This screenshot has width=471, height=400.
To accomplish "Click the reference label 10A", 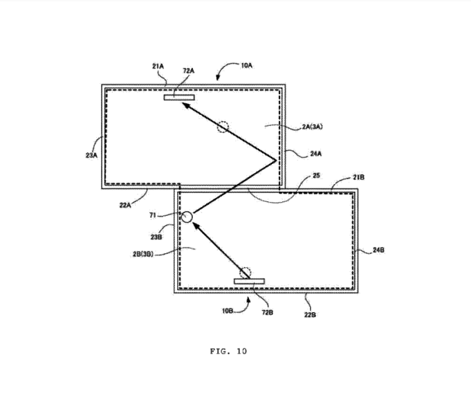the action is (x=247, y=65).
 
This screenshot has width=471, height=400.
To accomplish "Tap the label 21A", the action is (x=158, y=66).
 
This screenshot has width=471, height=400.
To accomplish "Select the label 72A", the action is (x=189, y=71).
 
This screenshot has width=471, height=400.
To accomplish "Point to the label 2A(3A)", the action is (x=313, y=127).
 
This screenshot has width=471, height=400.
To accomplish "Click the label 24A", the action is (x=315, y=154).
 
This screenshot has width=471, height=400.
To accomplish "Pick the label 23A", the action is (x=91, y=156).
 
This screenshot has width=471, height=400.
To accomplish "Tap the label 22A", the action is (x=125, y=206).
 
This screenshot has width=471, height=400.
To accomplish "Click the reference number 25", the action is (x=316, y=176).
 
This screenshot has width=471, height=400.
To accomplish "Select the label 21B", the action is (x=359, y=177).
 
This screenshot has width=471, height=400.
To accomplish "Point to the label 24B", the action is (x=378, y=250).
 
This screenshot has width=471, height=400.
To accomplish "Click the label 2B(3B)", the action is (x=143, y=254).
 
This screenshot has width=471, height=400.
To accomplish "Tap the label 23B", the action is (x=156, y=237).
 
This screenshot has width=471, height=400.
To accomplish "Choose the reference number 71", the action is (x=153, y=215).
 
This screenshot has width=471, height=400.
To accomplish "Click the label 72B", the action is (x=268, y=313).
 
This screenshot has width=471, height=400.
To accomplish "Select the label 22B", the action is (x=310, y=315).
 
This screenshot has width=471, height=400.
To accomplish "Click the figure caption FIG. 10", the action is (x=229, y=351).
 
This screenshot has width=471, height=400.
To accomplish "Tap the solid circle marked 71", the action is (x=187, y=217).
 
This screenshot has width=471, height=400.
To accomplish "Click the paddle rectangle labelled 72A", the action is (x=179, y=98).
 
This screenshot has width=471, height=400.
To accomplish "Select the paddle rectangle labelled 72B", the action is (x=249, y=281).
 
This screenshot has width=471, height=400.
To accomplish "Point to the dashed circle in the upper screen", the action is (x=223, y=127).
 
